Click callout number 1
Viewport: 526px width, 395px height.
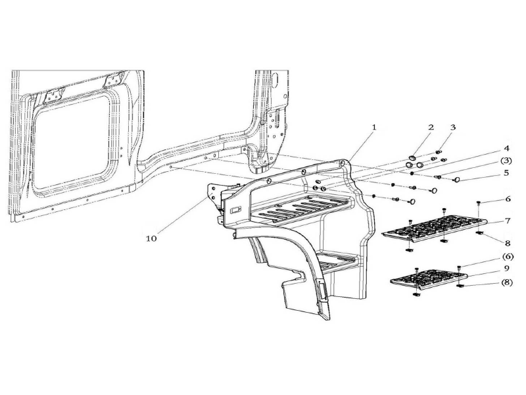(x=374, y=127)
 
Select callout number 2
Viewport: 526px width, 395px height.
(x=431, y=127)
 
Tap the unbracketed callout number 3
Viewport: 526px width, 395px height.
(x=453, y=127)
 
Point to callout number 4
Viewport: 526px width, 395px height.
(x=506, y=148)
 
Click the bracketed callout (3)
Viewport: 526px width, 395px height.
(x=506, y=161)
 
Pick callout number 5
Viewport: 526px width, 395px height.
(x=506, y=173)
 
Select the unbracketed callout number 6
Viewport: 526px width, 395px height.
(x=508, y=199)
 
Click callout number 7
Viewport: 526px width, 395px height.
(x=507, y=221)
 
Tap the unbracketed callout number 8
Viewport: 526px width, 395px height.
(x=507, y=243)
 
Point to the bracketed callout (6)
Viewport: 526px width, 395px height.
(x=507, y=257)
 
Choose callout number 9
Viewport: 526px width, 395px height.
(x=506, y=269)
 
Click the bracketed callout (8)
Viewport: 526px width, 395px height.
(x=506, y=282)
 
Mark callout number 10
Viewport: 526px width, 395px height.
(x=151, y=238)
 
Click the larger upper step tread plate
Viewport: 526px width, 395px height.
(x=435, y=229)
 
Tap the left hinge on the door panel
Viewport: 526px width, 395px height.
(x=55, y=94)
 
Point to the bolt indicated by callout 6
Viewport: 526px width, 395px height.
(x=479, y=203)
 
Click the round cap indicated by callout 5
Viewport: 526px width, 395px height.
(x=456, y=180)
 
